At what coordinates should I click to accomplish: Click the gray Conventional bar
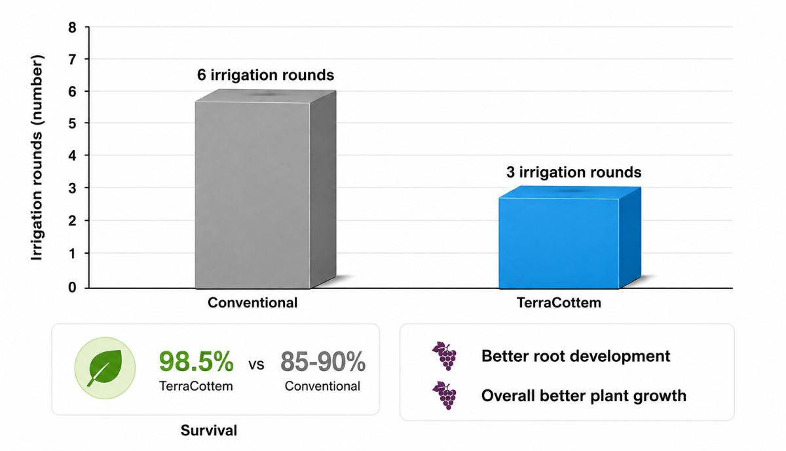click(x=265, y=189)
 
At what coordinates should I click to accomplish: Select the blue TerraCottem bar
click(x=570, y=238)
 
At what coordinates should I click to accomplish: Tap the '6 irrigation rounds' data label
click(x=266, y=75)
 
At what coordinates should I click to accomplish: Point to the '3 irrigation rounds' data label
click(x=574, y=172)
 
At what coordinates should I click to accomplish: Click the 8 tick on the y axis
click(x=72, y=28)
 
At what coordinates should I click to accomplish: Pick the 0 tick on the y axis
click(x=72, y=287)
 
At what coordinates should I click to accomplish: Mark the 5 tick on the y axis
click(x=72, y=123)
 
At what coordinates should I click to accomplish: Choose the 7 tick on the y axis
click(x=72, y=60)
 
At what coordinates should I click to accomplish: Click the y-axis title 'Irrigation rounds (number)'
click(x=37, y=157)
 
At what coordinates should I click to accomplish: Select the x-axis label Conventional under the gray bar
click(x=252, y=303)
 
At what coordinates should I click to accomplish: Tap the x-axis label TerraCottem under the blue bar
click(x=559, y=303)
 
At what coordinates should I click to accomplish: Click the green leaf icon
click(x=105, y=368)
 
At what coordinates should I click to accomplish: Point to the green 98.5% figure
click(x=196, y=361)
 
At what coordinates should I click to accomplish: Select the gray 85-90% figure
click(x=323, y=361)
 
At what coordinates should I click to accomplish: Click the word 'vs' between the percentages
click(x=257, y=364)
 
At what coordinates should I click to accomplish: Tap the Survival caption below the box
click(x=209, y=430)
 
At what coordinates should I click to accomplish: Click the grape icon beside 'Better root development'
click(x=445, y=356)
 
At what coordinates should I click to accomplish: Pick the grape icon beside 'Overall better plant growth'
click(x=445, y=395)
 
